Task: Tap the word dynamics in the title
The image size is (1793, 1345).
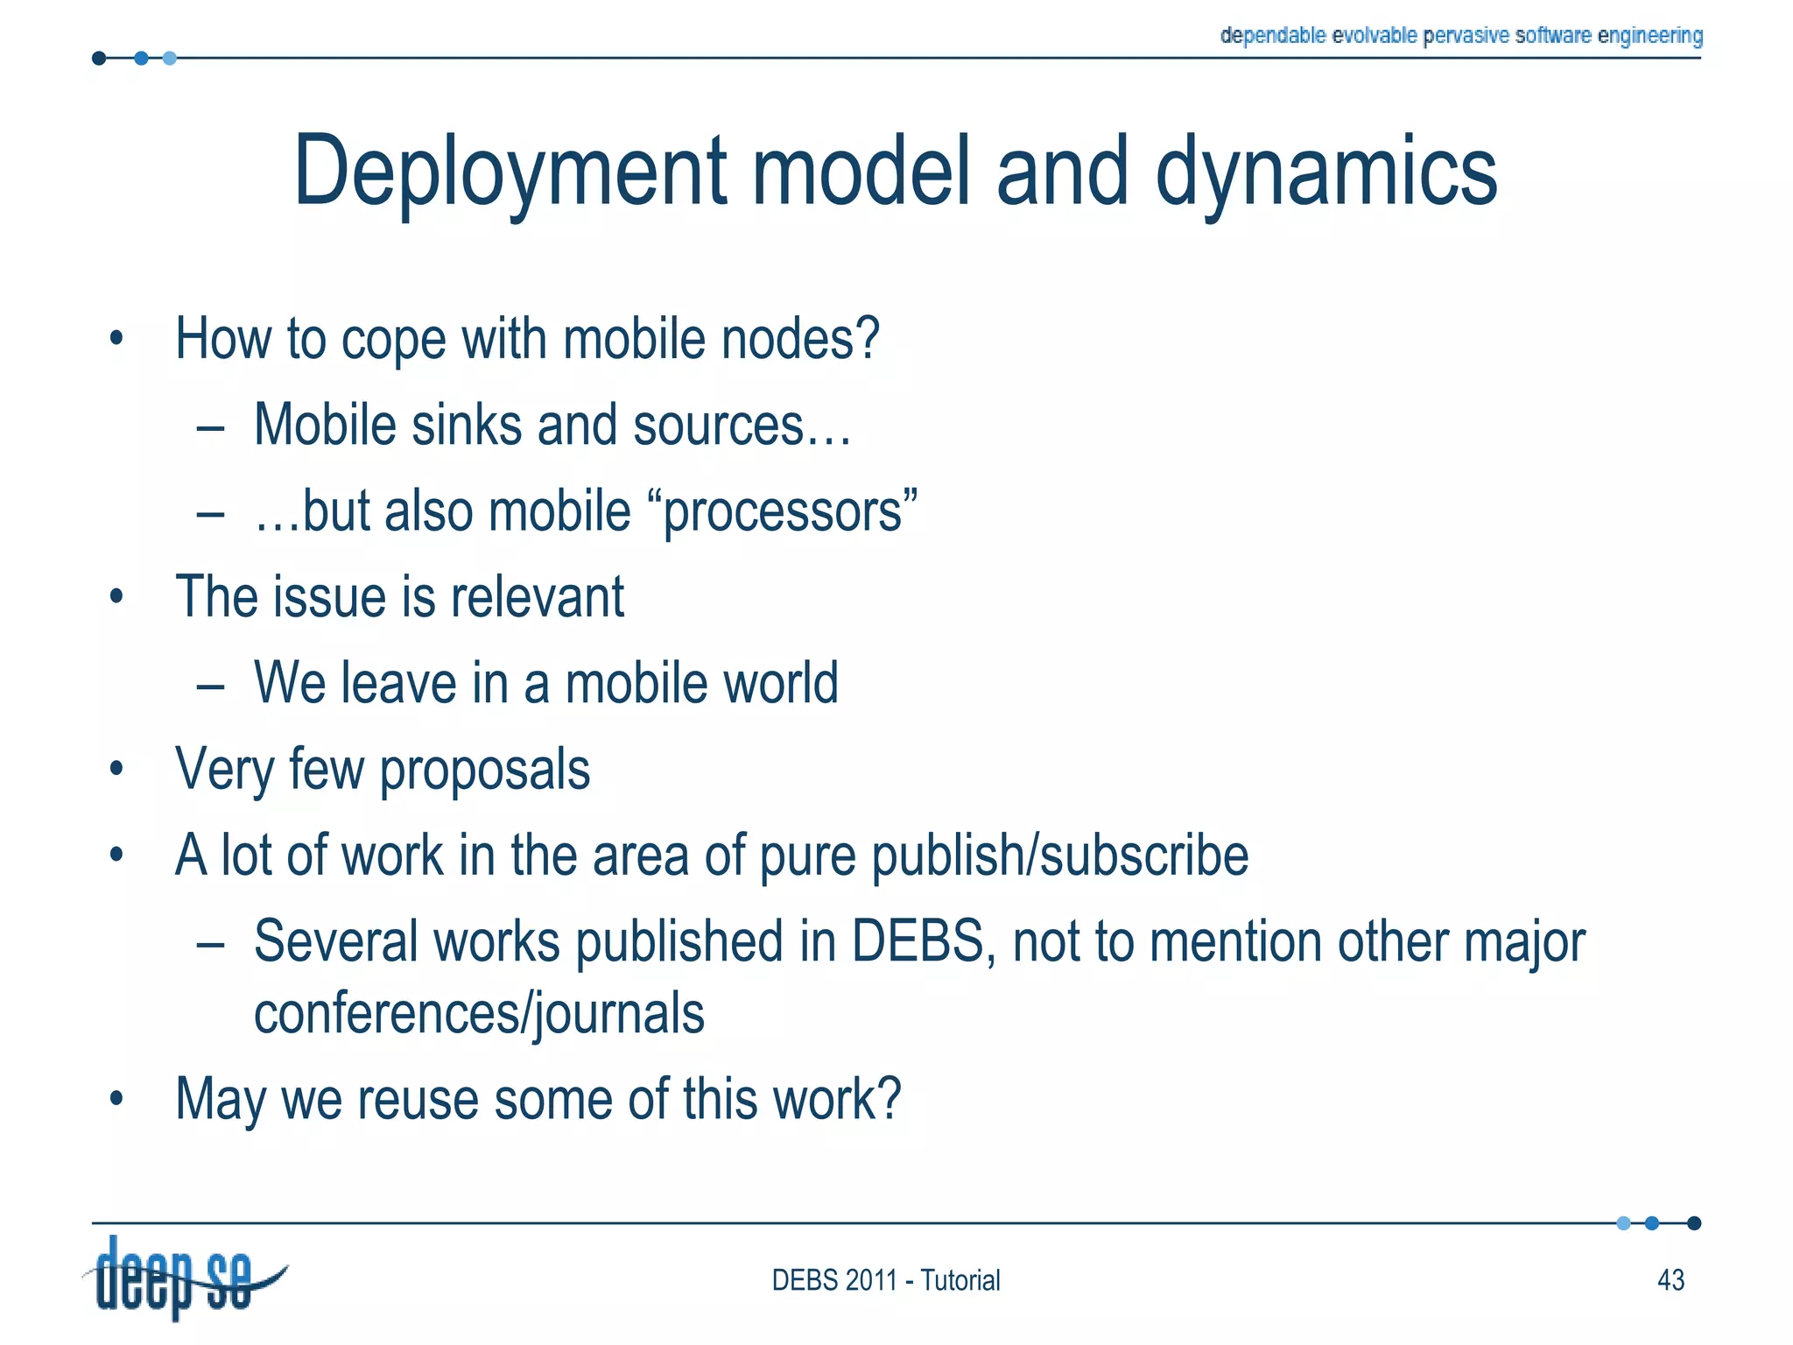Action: coord(1325,173)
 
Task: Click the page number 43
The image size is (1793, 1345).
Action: coord(1670,1280)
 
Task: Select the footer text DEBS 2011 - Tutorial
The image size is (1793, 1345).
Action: coord(885,1280)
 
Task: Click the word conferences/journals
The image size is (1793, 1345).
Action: coord(479,1014)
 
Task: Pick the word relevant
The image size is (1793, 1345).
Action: coord(538,597)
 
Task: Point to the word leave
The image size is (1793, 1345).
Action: coord(398,683)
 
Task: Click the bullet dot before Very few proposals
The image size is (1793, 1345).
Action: coord(116,770)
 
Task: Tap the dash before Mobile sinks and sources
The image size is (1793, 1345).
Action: coord(211,428)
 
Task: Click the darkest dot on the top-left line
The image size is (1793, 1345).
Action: coord(99,59)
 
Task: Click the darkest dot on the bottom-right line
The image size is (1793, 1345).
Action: coord(1694,1223)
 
